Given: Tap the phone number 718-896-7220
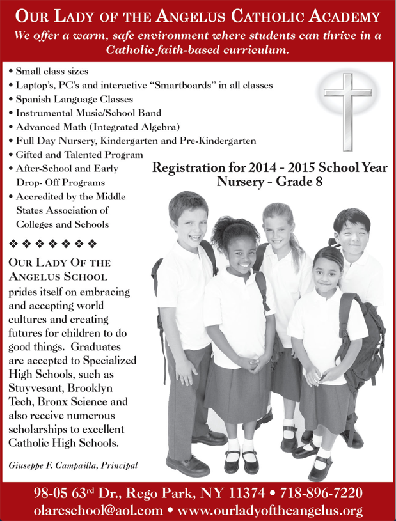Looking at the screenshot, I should tap(326, 494).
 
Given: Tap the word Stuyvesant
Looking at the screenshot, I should tap(36, 388).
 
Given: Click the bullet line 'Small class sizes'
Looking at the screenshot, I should tap(52, 70).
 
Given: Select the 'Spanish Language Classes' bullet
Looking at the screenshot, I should tap(75, 99).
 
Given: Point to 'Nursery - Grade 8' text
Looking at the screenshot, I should tap(269, 182).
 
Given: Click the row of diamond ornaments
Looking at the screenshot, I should tap(52, 243).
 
